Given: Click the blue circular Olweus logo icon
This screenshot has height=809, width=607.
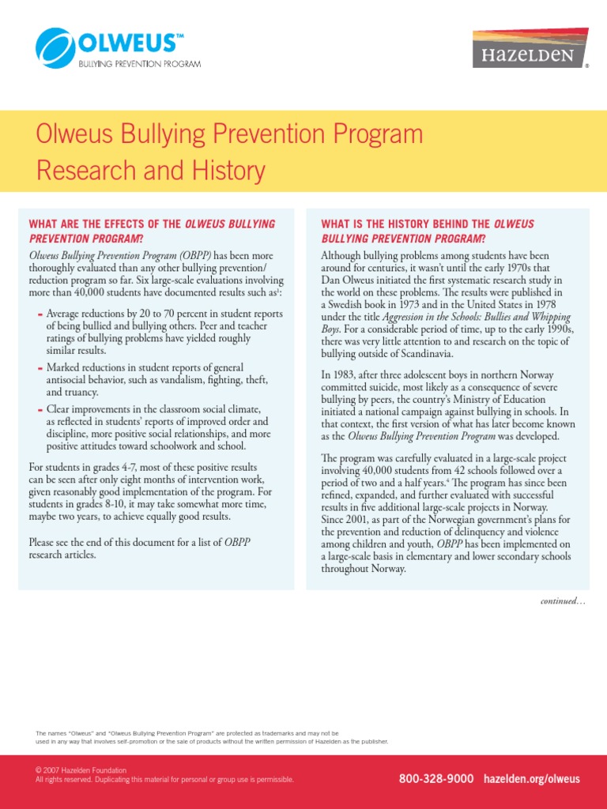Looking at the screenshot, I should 55,47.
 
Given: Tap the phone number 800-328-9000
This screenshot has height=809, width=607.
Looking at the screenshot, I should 436,779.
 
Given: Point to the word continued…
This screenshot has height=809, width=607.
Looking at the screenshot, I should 563,601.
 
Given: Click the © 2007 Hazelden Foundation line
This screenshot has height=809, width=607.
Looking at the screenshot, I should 81,769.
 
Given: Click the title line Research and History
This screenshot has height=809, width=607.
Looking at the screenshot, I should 151,170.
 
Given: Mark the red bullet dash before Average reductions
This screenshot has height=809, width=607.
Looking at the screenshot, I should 40,314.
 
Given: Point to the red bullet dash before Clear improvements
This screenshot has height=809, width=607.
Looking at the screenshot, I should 40,410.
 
